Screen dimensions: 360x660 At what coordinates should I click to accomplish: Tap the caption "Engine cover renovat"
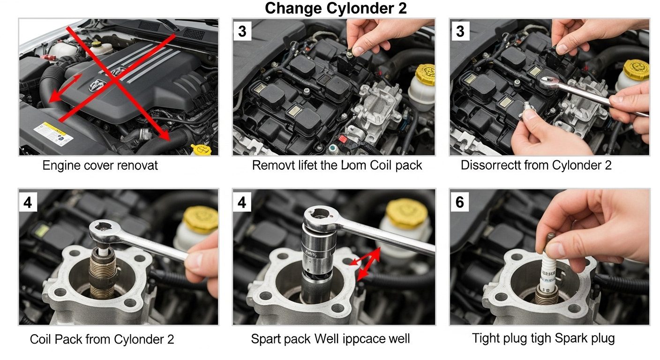tap(100, 166)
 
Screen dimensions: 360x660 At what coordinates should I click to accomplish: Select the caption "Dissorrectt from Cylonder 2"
tap(536, 166)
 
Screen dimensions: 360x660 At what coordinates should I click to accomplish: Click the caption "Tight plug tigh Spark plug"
tap(543, 338)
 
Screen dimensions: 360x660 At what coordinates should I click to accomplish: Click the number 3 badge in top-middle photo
tap(242, 31)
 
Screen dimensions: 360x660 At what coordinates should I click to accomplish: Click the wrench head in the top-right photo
tap(548, 83)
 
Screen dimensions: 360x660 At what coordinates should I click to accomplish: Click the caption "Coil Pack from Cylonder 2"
tap(102, 339)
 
